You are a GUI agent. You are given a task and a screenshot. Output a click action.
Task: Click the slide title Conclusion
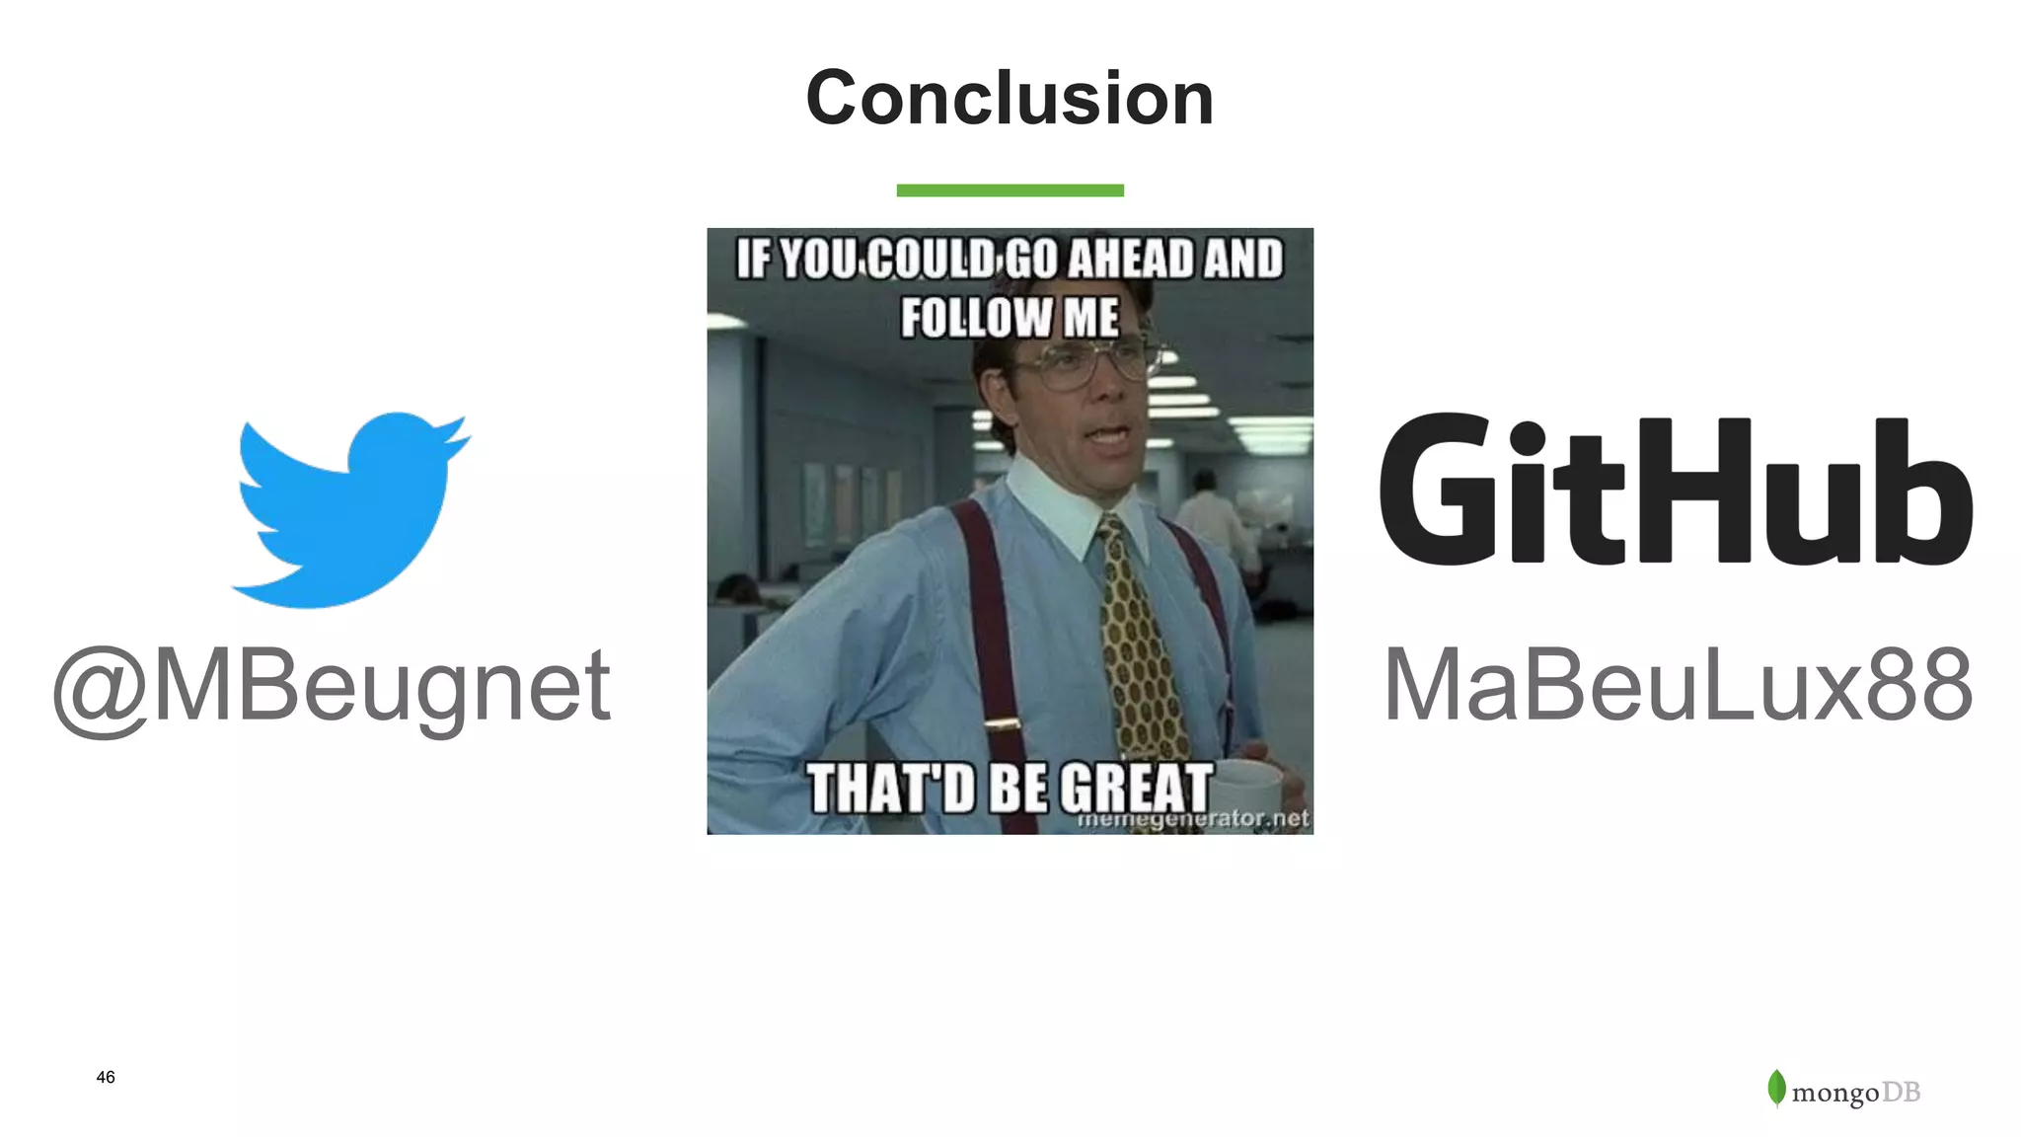[1010, 99]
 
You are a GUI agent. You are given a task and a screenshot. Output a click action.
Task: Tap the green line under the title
[1010, 190]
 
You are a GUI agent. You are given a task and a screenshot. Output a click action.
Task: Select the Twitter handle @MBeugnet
[332, 686]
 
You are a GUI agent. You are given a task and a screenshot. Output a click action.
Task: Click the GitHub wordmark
[1676, 491]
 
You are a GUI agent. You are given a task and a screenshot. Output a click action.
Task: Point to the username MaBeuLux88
[1678, 685]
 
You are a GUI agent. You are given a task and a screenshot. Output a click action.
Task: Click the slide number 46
[106, 1077]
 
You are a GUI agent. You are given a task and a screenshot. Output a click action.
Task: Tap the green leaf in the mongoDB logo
[1776, 1088]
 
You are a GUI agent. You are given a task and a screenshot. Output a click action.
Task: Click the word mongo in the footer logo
[1834, 1094]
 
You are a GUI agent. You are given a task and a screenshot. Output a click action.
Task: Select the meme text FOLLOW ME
[1010, 318]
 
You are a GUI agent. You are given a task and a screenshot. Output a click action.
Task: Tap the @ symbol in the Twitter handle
[102, 691]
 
